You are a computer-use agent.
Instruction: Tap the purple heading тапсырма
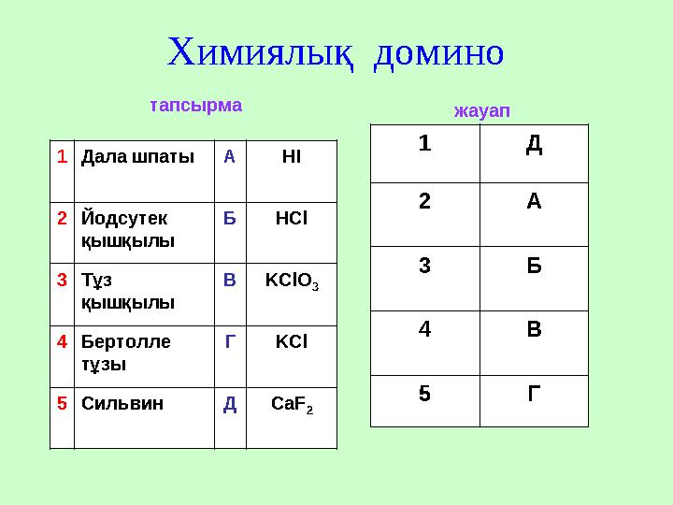(x=196, y=106)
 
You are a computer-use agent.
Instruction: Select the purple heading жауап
(x=481, y=111)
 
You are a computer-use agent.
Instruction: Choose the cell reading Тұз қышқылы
(x=127, y=290)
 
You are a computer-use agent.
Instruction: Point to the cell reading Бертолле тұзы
(x=127, y=353)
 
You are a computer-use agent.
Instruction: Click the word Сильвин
(x=122, y=404)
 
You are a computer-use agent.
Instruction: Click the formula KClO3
(x=292, y=281)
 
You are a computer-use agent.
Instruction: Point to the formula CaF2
(x=292, y=405)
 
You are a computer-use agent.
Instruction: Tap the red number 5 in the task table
(x=62, y=404)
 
